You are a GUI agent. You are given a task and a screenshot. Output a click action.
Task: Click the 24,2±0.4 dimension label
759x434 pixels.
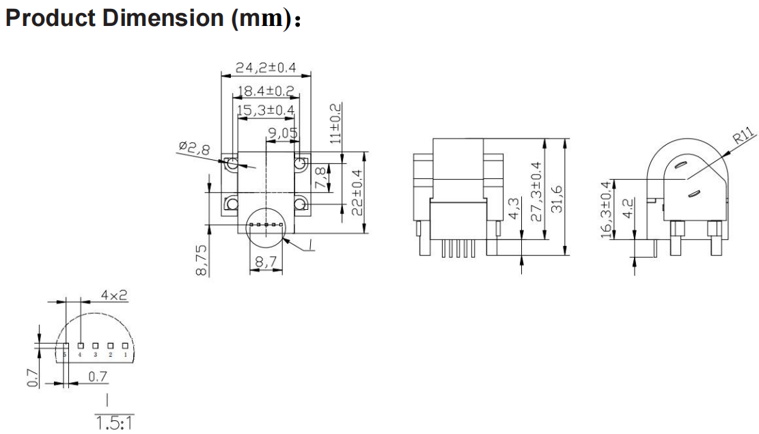(x=265, y=68)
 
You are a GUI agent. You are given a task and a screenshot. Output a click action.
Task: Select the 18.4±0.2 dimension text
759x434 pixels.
(x=265, y=91)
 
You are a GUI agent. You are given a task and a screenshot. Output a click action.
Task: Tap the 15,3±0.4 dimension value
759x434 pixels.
(x=265, y=110)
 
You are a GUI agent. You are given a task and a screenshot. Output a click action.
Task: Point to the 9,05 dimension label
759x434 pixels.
(x=283, y=132)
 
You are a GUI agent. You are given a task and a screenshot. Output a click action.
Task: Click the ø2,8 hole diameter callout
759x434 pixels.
(x=194, y=148)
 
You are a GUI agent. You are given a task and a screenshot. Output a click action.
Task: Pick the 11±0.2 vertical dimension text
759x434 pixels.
(x=335, y=123)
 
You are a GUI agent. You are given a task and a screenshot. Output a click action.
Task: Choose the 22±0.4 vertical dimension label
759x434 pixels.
(x=357, y=193)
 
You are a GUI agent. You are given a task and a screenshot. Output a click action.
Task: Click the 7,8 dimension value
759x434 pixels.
(x=321, y=178)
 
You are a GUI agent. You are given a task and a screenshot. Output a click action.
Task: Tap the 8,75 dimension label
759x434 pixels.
(x=202, y=260)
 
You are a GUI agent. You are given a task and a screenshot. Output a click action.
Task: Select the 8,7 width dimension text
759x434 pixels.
(x=266, y=262)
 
